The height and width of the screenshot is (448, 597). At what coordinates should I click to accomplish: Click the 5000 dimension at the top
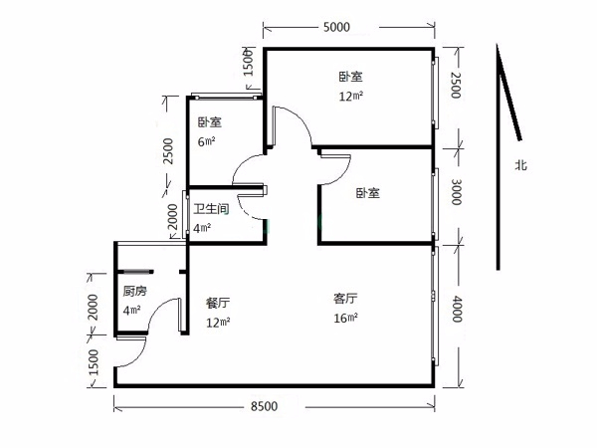pyautogui.click(x=336, y=27)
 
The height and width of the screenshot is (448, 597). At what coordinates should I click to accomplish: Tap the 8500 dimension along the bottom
pyautogui.click(x=265, y=406)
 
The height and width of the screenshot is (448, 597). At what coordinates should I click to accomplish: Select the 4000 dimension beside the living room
pyautogui.click(x=457, y=309)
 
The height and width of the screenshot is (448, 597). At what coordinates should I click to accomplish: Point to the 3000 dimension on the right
pyautogui.click(x=456, y=192)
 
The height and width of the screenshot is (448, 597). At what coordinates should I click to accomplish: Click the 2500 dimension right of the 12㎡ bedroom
pyautogui.click(x=456, y=86)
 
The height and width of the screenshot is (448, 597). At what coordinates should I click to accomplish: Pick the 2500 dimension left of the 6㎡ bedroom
pyautogui.click(x=168, y=151)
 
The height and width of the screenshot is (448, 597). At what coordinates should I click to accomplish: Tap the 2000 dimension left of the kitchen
pyautogui.click(x=93, y=307)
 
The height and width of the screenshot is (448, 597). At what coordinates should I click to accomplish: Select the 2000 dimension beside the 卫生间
pyautogui.click(x=173, y=217)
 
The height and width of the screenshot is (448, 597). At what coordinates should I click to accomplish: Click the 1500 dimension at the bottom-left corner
pyautogui.click(x=93, y=362)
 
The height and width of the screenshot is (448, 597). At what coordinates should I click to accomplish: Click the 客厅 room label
pyautogui.click(x=345, y=299)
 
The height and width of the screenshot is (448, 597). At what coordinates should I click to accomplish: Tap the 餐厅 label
pyautogui.click(x=218, y=304)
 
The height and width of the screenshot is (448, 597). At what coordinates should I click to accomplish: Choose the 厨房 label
pyautogui.click(x=134, y=292)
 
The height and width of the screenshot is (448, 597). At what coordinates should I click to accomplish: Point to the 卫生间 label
pyautogui.click(x=211, y=209)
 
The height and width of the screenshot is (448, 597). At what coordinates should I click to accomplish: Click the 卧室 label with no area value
pyautogui.click(x=368, y=193)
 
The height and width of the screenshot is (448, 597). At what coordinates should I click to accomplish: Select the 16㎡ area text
pyautogui.click(x=345, y=318)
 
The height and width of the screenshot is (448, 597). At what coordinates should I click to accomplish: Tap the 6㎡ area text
pyautogui.click(x=206, y=141)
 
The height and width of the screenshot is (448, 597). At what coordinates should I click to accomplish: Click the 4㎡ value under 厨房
pyautogui.click(x=131, y=310)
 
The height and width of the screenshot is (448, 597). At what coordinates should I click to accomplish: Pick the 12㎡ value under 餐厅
pyautogui.click(x=218, y=323)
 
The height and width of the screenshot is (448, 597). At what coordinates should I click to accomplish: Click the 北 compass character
pyautogui.click(x=520, y=165)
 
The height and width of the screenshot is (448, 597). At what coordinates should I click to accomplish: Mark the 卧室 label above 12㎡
pyautogui.click(x=350, y=77)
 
